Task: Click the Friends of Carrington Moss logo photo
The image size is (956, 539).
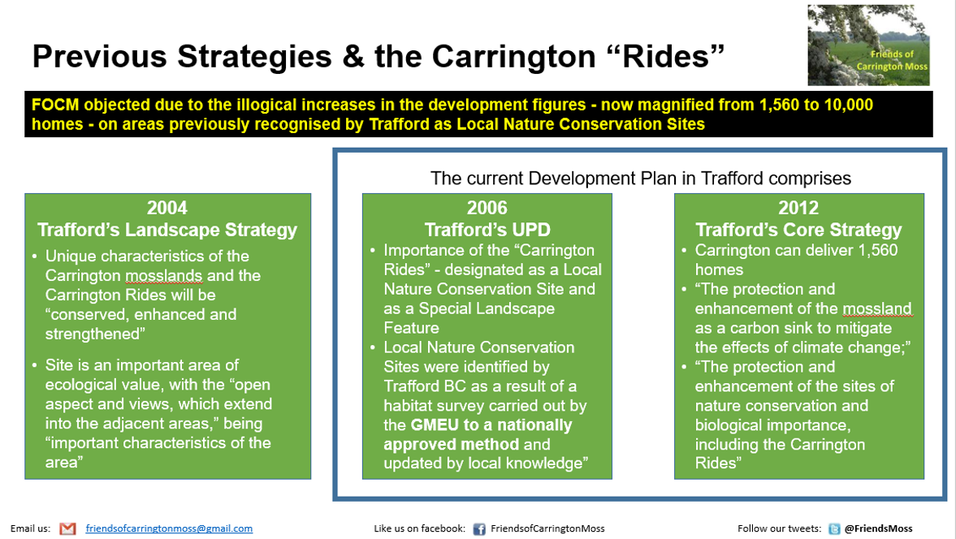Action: [869, 45]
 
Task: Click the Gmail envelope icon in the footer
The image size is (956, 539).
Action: [67, 528]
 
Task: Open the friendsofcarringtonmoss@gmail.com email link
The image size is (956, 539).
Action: [169, 528]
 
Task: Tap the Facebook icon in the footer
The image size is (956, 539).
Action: [479, 529]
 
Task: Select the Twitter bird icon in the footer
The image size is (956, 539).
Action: [834, 529]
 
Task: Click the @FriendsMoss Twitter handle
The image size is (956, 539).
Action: [879, 528]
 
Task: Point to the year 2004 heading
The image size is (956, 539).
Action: [167, 209]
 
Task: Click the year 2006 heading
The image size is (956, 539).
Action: [487, 209]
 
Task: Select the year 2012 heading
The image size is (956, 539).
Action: [798, 209]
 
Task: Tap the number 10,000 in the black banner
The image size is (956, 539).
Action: [848, 105]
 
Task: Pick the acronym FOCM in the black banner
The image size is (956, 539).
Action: [55, 105]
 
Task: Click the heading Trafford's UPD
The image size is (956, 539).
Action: [487, 230]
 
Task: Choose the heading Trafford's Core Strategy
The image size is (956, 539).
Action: [798, 230]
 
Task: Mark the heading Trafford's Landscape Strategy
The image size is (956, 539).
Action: [167, 230]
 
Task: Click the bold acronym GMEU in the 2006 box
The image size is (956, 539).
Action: [435, 425]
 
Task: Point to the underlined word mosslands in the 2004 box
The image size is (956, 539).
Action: [164, 276]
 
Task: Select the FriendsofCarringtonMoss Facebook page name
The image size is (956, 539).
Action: [547, 528]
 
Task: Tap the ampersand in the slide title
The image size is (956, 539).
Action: [353, 56]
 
